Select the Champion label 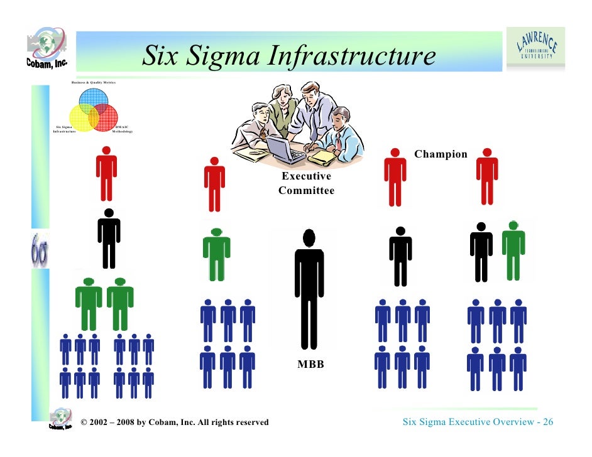coord(441,154)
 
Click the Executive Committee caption coord(306,183)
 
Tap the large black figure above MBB coord(309,289)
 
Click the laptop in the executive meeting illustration coord(284,149)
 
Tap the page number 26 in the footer coord(547,422)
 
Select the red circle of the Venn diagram coord(105,117)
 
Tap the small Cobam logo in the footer coord(60,419)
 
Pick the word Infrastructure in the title coord(351,56)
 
